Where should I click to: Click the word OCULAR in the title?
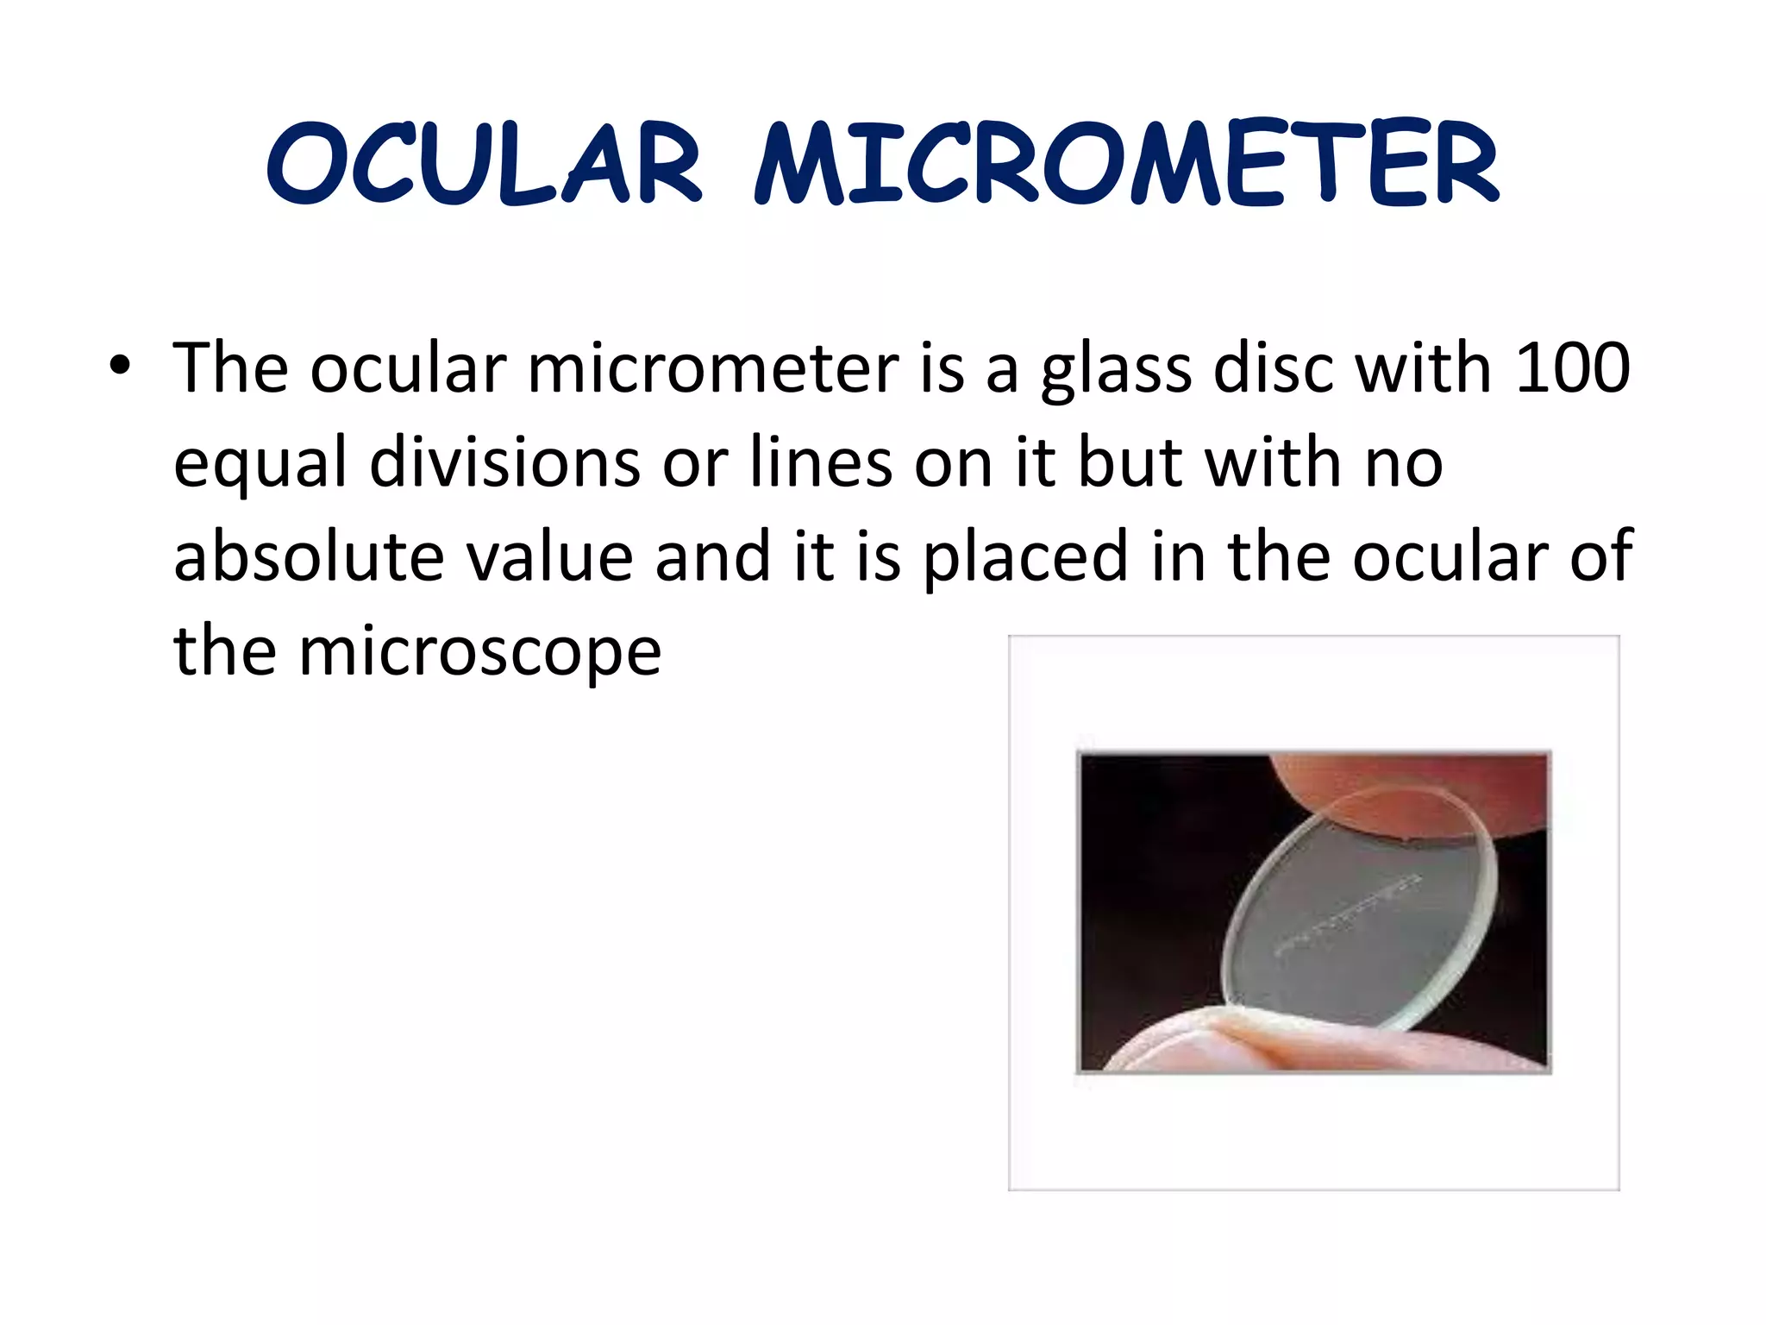[485, 164]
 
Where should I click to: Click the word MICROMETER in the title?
[1126, 164]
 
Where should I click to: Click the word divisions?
[504, 462]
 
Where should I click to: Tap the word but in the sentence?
[1130, 462]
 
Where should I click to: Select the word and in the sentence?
[712, 556]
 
